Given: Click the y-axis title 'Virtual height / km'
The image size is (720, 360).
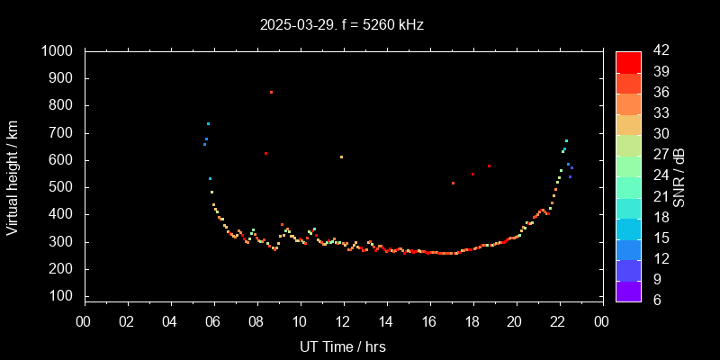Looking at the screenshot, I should click(x=13, y=175).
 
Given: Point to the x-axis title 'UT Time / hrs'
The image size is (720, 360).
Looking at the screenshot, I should click(x=343, y=346).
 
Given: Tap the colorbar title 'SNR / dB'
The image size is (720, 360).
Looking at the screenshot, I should click(x=679, y=175).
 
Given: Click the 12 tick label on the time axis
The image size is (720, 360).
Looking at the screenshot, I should click(x=343, y=321).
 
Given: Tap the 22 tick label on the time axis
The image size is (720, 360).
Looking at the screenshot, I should click(x=559, y=321).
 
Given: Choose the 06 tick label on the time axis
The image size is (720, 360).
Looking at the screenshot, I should click(x=213, y=321).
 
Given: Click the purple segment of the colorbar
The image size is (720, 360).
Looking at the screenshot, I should click(x=628, y=290).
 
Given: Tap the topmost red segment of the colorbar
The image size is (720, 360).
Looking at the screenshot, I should click(x=628, y=61).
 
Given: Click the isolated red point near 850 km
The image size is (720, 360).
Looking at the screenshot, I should click(x=271, y=92).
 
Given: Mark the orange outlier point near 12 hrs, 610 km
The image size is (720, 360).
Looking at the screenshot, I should click(x=341, y=157).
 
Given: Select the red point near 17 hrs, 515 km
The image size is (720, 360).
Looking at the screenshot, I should click(x=453, y=183).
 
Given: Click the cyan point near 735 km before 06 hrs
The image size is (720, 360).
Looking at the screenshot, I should click(x=208, y=123).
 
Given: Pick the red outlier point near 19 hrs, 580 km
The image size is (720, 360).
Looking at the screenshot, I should click(x=489, y=166).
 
